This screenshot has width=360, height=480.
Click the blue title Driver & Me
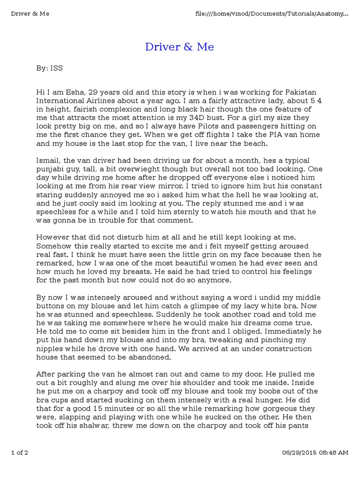[x=180, y=47]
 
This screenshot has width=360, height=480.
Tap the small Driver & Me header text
[x=30, y=14]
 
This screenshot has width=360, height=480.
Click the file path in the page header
[x=271, y=14]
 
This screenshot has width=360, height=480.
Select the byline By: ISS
[x=49, y=68]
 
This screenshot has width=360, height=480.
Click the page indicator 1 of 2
[x=20, y=466]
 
